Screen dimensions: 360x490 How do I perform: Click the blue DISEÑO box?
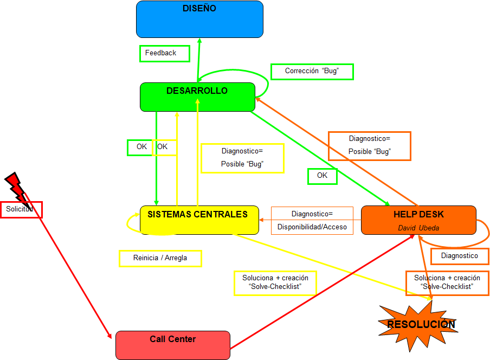pos(199,19)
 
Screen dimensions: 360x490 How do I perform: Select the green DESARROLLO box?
pos(197,97)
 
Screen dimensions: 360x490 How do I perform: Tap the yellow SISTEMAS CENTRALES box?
pos(199,220)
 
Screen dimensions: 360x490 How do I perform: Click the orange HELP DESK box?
pos(418,220)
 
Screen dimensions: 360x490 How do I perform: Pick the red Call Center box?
pos(173,345)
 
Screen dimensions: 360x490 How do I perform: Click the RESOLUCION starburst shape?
pos(421,324)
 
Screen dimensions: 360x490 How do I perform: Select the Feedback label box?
pos(165,53)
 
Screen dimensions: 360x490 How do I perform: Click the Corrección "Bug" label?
pos(312,71)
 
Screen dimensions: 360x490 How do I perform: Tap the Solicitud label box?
pos(21,209)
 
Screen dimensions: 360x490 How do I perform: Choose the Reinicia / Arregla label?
pos(160,258)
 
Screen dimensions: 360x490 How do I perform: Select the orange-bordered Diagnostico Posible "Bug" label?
pos(369,145)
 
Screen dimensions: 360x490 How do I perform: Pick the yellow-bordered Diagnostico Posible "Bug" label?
pos(242,158)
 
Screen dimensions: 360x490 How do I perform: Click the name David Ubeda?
pos(418,228)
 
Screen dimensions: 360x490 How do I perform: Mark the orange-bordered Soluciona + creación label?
pos(447,282)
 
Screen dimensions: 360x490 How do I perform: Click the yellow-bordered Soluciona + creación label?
pos(275,282)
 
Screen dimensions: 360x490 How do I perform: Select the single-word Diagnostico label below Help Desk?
pos(460,256)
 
